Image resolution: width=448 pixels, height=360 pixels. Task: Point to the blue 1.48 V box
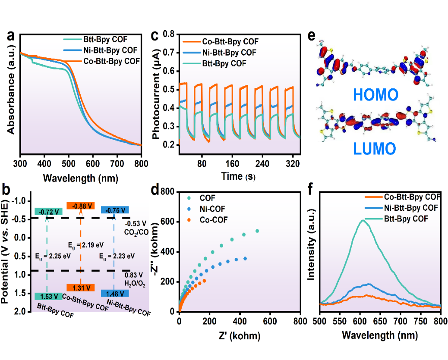coord(114,293)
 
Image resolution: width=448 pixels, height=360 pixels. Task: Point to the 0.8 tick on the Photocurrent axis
coord(169,34)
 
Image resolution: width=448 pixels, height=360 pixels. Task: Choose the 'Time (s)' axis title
coord(238,176)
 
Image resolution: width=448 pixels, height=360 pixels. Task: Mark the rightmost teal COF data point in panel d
coord(257,231)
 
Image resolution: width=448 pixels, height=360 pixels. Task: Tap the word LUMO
coord(374,149)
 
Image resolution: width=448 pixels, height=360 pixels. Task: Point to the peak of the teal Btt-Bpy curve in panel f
coord(362,220)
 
